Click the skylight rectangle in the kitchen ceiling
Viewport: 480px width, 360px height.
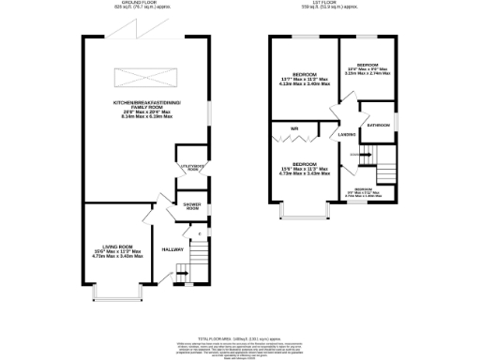(x=143, y=76)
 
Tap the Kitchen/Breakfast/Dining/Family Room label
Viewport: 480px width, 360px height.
(x=143, y=105)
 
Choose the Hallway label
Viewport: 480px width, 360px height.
(x=172, y=249)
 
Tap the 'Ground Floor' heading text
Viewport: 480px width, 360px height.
(x=142, y=5)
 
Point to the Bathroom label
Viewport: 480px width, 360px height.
(x=379, y=125)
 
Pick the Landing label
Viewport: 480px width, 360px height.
(x=345, y=137)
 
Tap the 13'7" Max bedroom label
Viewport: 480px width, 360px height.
(x=304, y=79)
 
